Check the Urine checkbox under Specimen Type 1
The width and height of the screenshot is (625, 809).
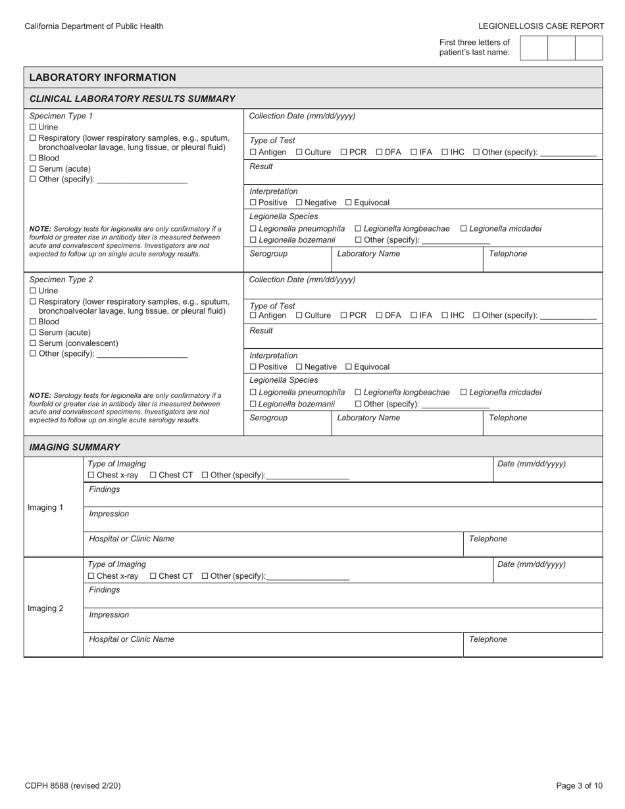33,127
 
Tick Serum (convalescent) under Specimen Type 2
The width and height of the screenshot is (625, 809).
33,343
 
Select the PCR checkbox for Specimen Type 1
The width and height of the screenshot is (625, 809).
343,152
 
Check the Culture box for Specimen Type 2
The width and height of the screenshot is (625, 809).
299,315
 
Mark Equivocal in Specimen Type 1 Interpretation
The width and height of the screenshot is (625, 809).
349,203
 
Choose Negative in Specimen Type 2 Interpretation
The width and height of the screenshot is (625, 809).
299,366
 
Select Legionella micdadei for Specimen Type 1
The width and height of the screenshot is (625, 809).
464,228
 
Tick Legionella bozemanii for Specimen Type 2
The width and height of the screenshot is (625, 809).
253,404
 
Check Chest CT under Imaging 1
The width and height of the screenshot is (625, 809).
153,475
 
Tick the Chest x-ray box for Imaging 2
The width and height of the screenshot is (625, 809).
91,576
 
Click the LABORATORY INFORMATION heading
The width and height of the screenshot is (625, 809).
103,77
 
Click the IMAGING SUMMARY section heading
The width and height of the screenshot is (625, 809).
74,447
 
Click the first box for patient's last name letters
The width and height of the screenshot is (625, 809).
534,48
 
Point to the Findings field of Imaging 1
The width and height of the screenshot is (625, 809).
342,495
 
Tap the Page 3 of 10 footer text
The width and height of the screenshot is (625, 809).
579,785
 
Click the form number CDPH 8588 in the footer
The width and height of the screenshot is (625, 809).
72,785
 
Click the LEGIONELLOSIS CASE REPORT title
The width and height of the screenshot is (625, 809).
541,26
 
